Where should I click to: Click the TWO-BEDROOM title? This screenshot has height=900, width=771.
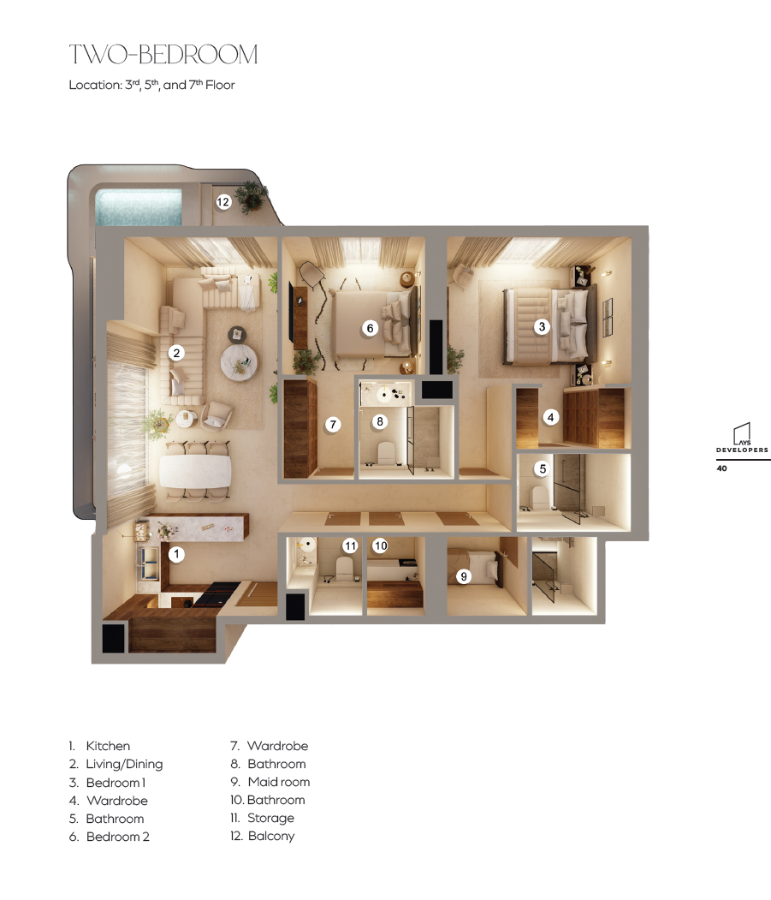(x=163, y=55)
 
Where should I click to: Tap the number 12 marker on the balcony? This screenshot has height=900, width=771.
(x=223, y=202)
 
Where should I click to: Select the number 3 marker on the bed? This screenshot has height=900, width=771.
(x=542, y=326)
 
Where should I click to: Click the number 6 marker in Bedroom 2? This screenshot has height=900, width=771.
(x=370, y=328)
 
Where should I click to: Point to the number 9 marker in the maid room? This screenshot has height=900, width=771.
(x=464, y=576)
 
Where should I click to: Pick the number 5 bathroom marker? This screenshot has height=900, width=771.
(x=543, y=468)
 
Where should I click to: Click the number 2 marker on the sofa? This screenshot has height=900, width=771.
(x=176, y=353)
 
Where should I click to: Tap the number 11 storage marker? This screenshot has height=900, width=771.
(x=351, y=545)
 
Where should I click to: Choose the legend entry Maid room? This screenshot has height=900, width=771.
(x=279, y=782)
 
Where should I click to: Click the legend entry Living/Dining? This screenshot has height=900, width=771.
(x=124, y=764)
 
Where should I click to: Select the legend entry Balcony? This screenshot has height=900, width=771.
(x=271, y=836)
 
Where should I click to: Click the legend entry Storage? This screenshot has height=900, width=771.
(x=270, y=818)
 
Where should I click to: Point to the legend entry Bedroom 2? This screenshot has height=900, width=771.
(x=117, y=837)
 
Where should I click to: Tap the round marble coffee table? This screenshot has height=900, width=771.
(x=240, y=362)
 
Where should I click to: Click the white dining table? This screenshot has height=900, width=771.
(x=195, y=471)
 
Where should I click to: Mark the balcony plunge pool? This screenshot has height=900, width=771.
(x=139, y=207)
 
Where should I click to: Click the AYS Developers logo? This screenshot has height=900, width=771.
(x=742, y=438)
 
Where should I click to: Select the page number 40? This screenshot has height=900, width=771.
(x=721, y=468)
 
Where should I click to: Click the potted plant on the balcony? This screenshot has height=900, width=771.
(x=252, y=197)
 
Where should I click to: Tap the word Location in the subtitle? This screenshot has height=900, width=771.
(x=95, y=85)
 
